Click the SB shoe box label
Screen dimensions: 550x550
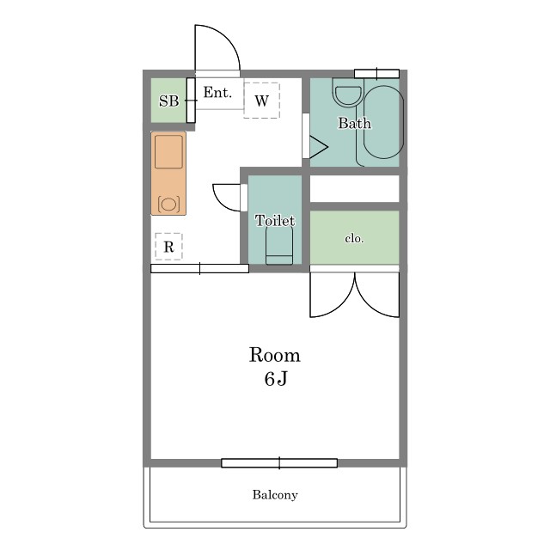coord(168,101)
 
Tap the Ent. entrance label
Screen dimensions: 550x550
coord(217,93)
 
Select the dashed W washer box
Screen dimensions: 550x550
coord(261,101)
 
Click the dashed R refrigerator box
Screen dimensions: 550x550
coord(168,247)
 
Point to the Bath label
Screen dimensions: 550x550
coord(354,123)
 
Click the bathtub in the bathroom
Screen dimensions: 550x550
coord(383,122)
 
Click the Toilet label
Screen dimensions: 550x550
coord(275,220)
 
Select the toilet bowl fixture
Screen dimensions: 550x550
coord(279,245)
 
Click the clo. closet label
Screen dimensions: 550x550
coord(354,239)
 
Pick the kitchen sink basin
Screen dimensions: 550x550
coord(168,151)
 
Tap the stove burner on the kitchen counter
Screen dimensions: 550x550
coord(168,205)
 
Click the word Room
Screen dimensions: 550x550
coord(275,355)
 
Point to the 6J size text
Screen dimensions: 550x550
coord(276,378)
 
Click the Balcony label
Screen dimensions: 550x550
coord(275,495)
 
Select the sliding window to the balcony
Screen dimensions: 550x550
coord(279,463)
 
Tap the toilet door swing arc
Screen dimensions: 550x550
coord(220,203)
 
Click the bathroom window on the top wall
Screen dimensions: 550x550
coord(376,74)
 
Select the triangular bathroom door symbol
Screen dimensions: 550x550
coord(318,147)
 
